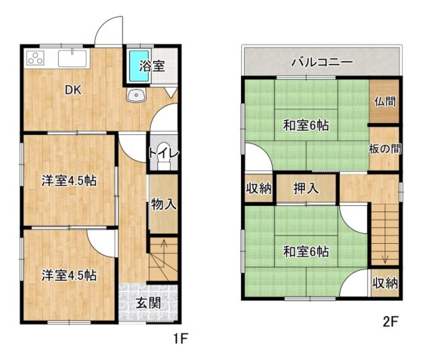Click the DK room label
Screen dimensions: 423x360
tap(73, 90)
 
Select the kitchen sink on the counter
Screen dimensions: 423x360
tap(73, 58)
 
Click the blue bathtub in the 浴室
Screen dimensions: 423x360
tap(139, 66)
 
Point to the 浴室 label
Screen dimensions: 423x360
tap(152, 66)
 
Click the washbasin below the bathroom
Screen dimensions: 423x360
tap(136, 95)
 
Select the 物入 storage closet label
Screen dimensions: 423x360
tap(164, 204)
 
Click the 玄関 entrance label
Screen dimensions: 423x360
tap(148, 303)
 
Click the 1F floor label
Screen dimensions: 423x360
tap(181, 338)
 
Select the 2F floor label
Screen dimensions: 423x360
tap(391, 322)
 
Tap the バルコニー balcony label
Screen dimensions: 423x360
tap(322, 62)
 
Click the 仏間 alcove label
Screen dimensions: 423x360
tap(385, 102)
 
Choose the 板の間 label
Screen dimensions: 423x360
tap(385, 149)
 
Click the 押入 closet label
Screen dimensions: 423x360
tap(306, 188)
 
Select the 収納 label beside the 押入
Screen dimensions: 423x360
tap(258, 189)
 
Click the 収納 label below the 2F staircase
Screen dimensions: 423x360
tap(385, 283)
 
